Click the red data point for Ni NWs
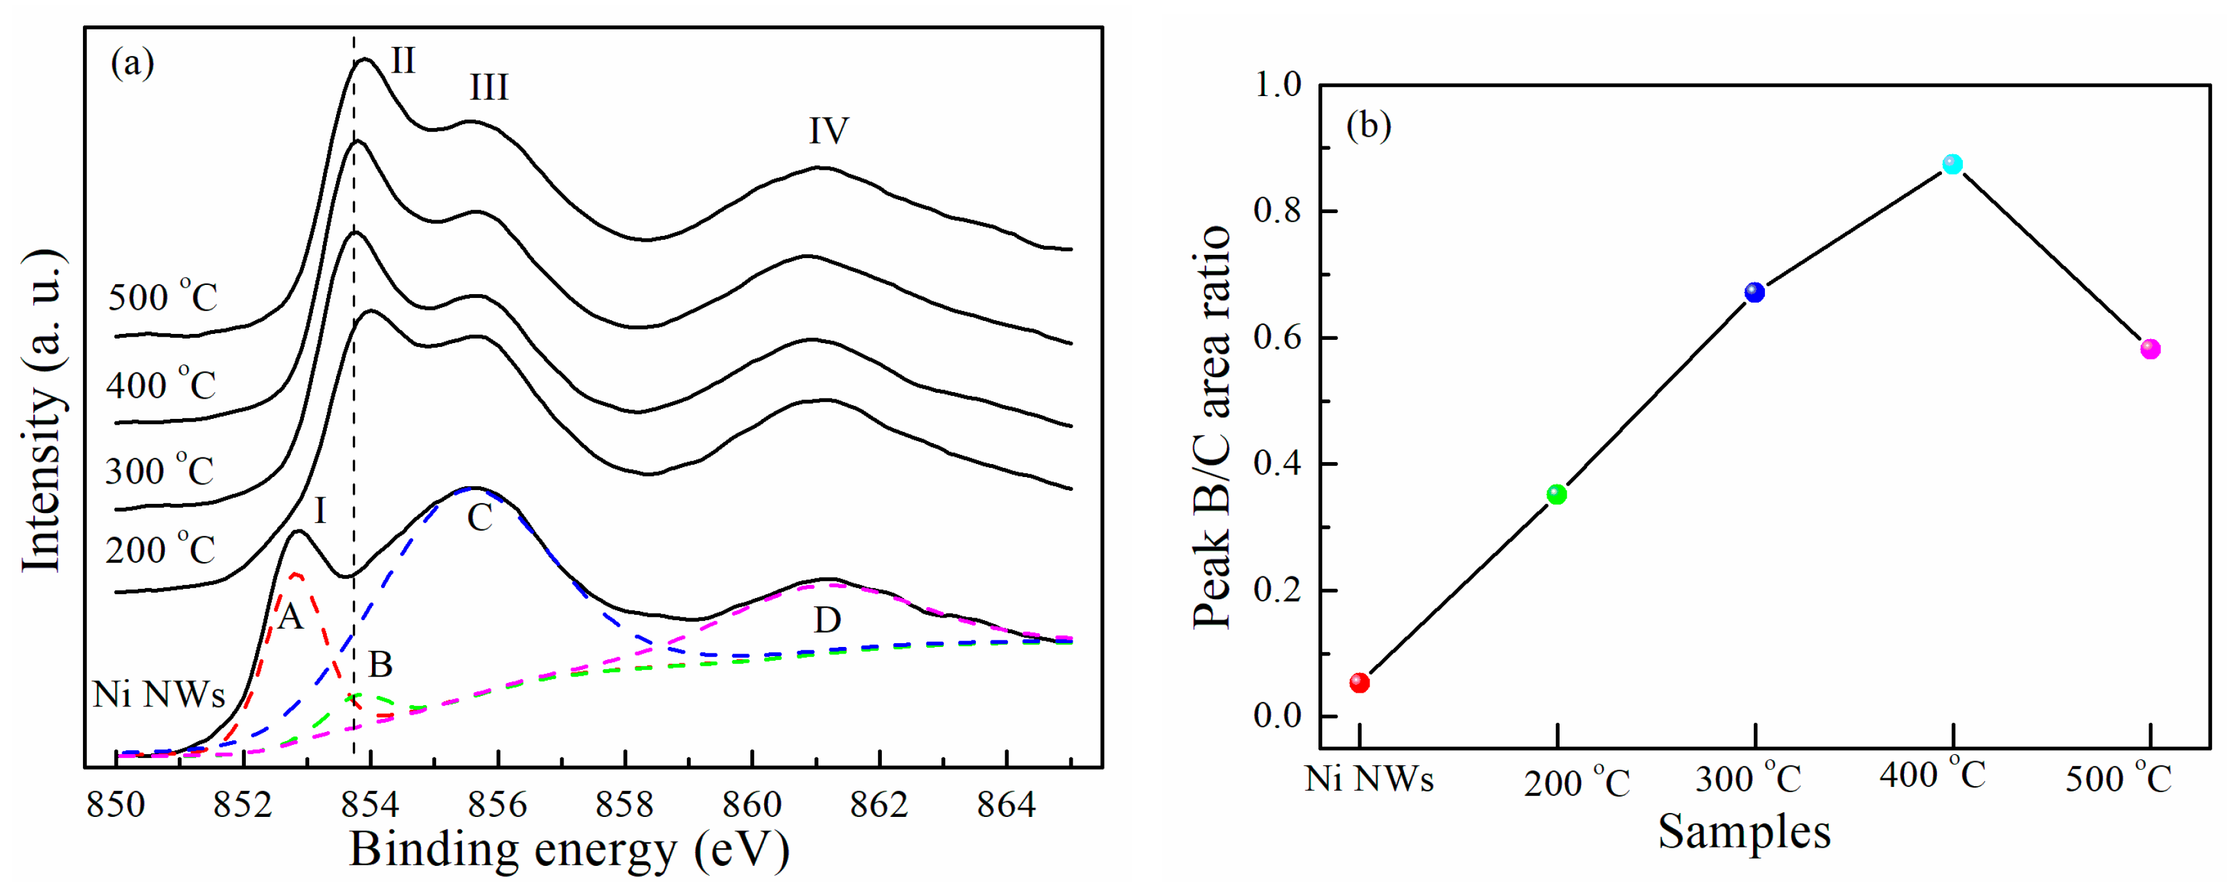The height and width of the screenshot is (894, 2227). click(1359, 683)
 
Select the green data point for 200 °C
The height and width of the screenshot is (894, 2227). click(1556, 495)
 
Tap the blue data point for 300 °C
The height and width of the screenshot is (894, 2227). click(1754, 292)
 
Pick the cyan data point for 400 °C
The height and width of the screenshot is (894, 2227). click(1952, 164)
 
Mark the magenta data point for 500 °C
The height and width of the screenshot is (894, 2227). click(2150, 349)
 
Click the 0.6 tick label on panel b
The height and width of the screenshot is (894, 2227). click(1277, 337)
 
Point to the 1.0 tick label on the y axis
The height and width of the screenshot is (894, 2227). click(1277, 85)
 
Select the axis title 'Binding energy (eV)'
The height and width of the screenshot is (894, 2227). click(569, 850)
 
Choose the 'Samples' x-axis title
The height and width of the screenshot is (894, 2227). click(1744, 833)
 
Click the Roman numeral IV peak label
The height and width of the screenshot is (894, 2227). click(828, 131)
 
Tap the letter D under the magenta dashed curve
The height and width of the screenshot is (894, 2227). click(828, 620)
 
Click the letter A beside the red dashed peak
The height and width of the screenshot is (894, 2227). click(290, 616)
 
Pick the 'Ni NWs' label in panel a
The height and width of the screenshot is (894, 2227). click(159, 694)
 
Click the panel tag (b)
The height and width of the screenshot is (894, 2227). click(1369, 126)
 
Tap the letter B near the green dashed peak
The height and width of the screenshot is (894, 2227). click(380, 665)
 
